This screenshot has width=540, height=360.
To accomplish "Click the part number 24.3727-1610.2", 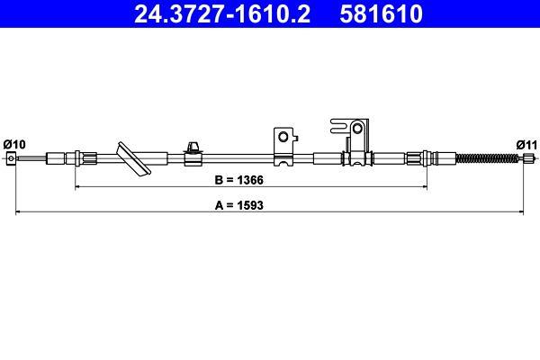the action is [x=222, y=13].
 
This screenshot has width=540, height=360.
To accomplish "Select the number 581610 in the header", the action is [x=381, y=13].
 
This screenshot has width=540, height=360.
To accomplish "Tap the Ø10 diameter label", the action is [x=14, y=144].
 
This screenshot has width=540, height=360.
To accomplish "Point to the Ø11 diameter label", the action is [x=526, y=145].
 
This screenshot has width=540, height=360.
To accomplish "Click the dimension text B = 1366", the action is [x=238, y=180].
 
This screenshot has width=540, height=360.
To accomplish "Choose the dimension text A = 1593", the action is [x=238, y=205].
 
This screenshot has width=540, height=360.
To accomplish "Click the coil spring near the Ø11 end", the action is [x=487, y=158].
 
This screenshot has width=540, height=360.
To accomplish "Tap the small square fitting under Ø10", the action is [x=11, y=158].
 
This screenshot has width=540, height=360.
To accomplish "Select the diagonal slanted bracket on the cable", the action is [x=133, y=158].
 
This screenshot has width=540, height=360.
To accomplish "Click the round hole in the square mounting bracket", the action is [x=283, y=137].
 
